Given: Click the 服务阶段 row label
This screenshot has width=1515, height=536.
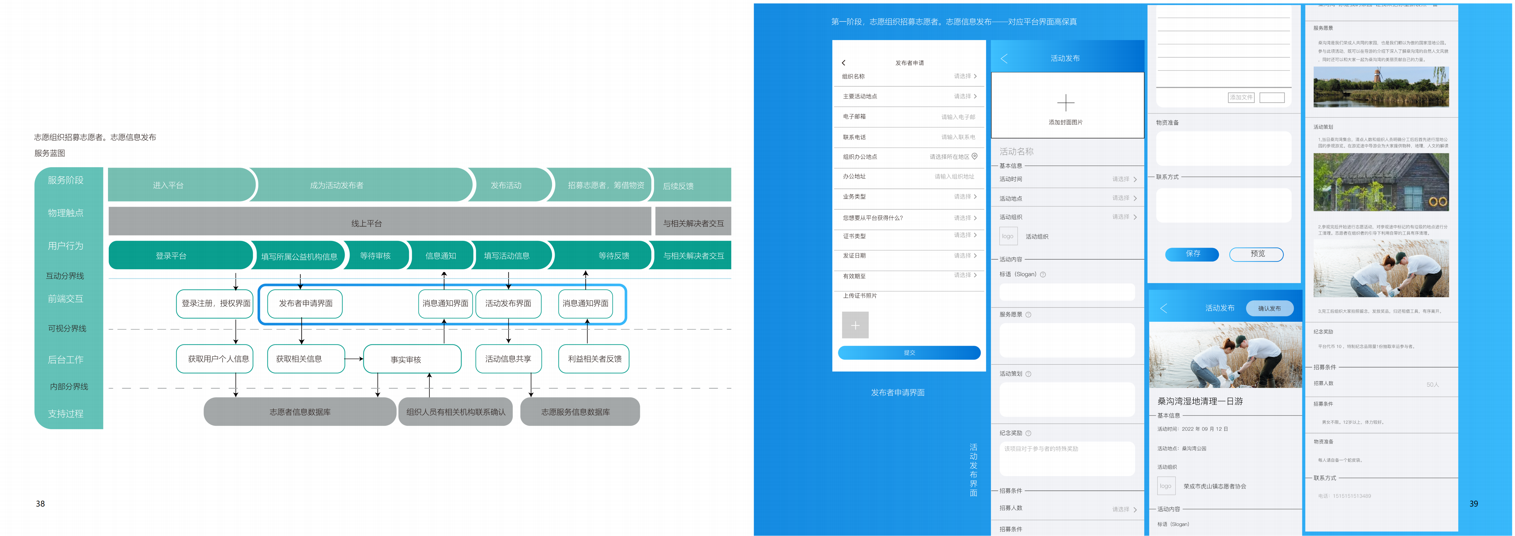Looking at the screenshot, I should pyautogui.click(x=66, y=180).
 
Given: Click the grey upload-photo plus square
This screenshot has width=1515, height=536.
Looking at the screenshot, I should pyautogui.click(x=855, y=325).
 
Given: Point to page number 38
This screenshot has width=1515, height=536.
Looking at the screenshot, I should pyautogui.click(x=40, y=504).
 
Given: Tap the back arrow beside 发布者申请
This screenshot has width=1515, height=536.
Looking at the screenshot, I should pyautogui.click(x=843, y=62).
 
